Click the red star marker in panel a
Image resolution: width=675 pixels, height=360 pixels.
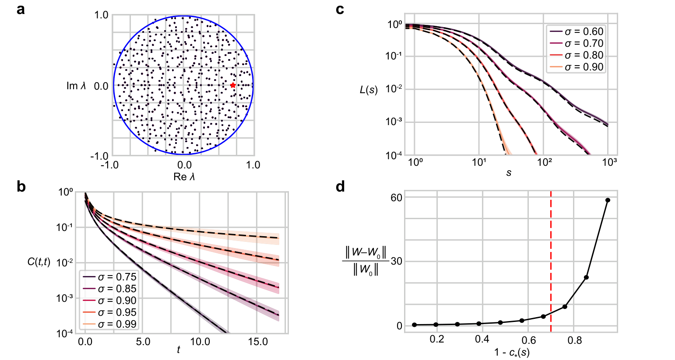pos(233,85)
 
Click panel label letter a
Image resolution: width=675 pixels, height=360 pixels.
pos(21,9)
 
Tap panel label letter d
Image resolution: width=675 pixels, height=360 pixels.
pos(340,187)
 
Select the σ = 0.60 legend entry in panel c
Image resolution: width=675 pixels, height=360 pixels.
pos(577,31)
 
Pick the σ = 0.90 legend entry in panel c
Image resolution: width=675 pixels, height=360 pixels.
pos(577,67)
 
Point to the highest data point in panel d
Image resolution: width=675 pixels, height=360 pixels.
pos(608,200)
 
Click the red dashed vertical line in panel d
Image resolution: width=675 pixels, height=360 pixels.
pos(551,262)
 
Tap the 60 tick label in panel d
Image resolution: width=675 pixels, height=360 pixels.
pos(396,198)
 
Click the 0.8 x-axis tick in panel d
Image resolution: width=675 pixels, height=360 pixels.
pos(575,339)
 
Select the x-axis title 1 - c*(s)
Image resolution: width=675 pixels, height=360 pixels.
pos(512,352)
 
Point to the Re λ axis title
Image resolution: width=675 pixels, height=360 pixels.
pos(184,177)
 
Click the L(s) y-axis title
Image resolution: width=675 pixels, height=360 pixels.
pos(369,91)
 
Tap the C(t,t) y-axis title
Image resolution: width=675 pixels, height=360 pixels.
pos(39,262)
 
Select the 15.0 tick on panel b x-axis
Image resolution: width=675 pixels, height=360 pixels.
pos(258,342)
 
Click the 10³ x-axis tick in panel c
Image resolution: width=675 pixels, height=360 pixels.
pos(609,163)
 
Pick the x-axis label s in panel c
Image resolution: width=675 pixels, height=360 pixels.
pos(509,173)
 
